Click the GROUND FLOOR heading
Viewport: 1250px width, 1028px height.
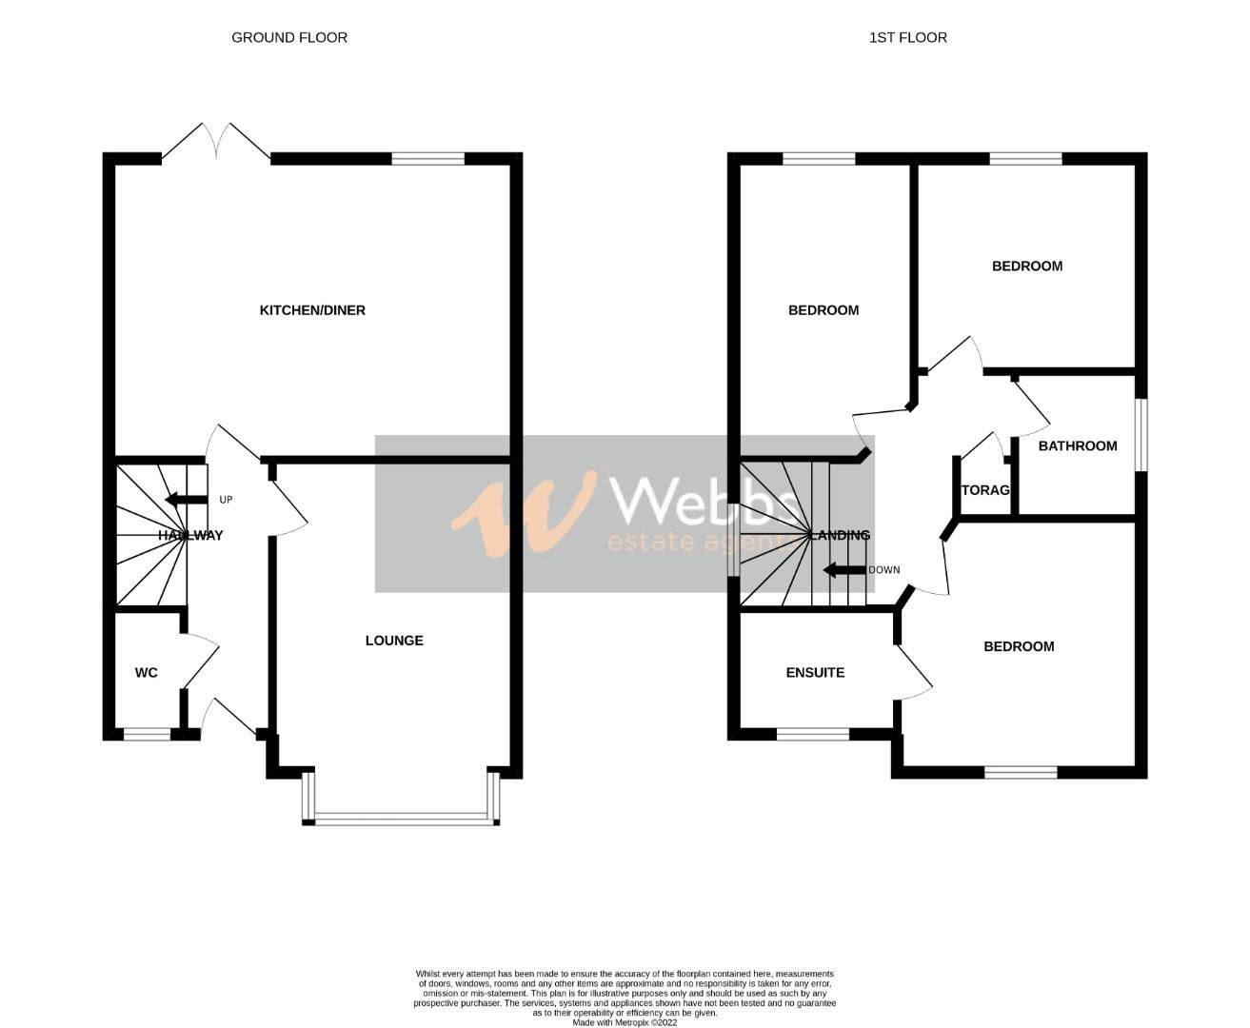289,38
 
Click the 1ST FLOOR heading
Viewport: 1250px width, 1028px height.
907,38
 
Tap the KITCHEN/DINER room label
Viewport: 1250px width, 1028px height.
312,310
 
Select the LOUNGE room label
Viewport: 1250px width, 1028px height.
394,641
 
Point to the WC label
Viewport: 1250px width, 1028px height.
146,673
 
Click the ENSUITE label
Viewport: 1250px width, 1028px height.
815,672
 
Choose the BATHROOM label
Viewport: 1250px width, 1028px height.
1078,445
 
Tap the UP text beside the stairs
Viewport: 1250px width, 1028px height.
226,500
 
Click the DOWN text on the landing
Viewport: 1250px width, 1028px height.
883,570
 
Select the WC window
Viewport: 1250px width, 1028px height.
148,734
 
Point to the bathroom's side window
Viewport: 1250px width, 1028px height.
1141,434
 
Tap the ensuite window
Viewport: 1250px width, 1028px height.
813,734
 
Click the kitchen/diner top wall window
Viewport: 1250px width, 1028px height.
427,159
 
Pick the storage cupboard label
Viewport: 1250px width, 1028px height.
985,490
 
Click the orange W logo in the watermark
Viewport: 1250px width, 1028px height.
524,513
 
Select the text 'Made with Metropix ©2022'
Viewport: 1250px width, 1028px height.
625,1022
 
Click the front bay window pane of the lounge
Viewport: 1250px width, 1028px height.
400,817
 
